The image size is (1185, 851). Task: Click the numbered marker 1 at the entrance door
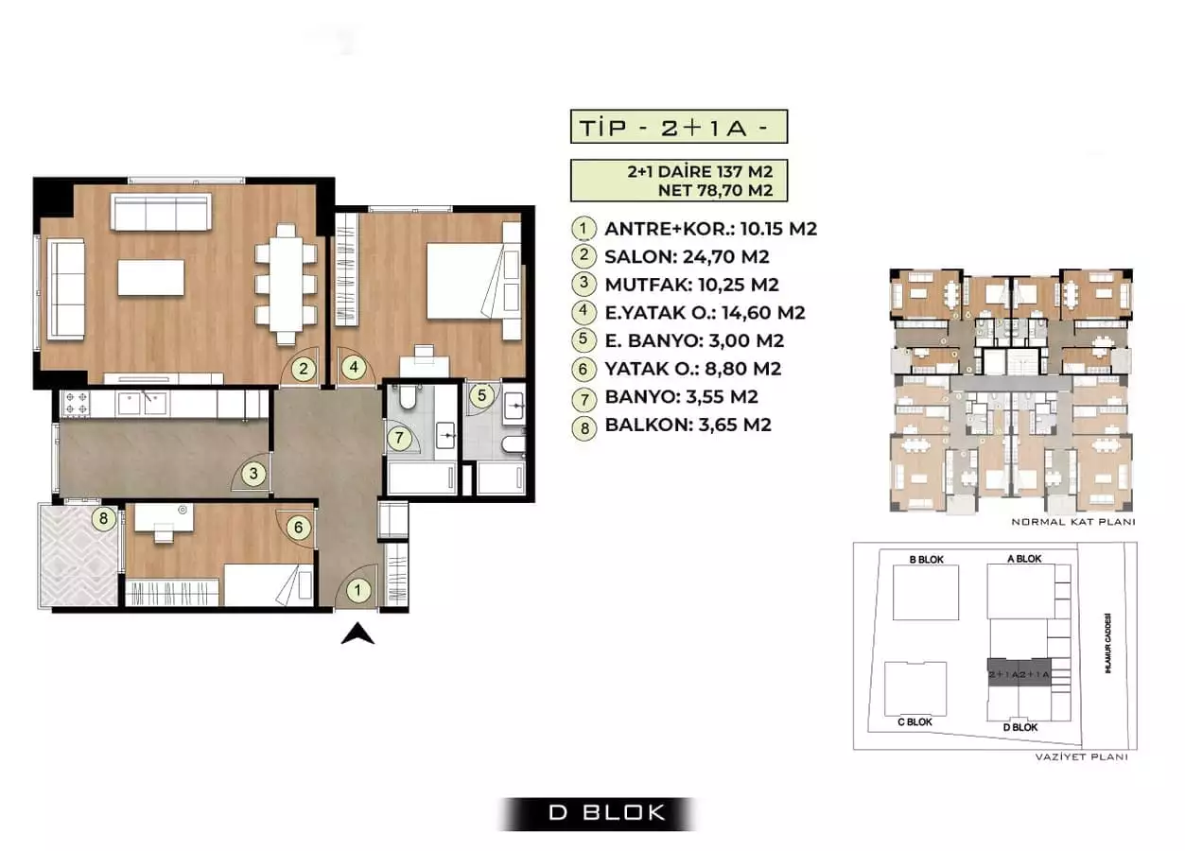[x=357, y=591]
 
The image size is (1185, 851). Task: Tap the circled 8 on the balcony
[x=106, y=517]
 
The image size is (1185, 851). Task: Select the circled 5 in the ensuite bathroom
[x=481, y=395]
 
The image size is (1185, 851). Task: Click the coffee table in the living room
[x=151, y=278]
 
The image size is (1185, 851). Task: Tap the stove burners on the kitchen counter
[x=75, y=404]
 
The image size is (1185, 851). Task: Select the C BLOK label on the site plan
[x=914, y=721]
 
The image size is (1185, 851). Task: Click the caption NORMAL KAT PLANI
[x=1072, y=522]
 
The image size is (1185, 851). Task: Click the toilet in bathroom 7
[x=409, y=396]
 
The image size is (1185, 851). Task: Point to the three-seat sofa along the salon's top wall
[x=160, y=212]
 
